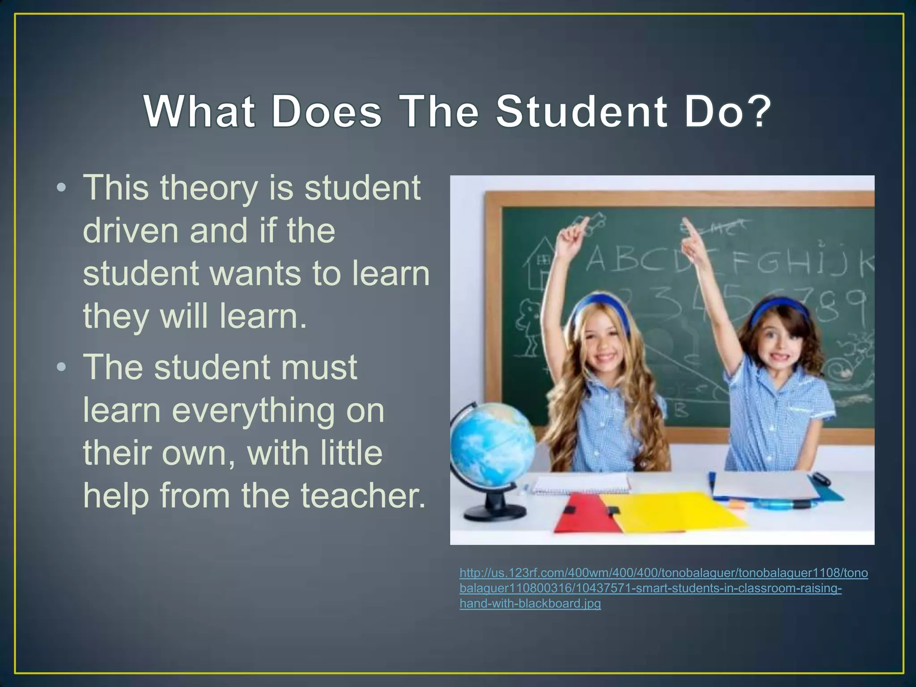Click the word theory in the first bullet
pyautogui.click(x=209, y=188)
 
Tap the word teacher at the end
pyautogui.click(x=362, y=496)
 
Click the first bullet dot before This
pyautogui.click(x=62, y=188)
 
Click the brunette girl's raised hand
pyautogui.click(x=691, y=233)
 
